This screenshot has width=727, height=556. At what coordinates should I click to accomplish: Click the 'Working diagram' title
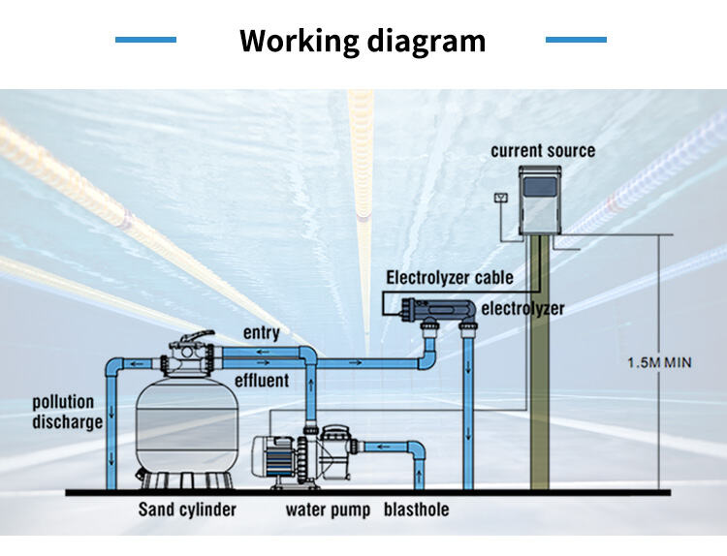tap(362, 41)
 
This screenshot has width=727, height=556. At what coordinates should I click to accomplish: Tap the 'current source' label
tap(543, 151)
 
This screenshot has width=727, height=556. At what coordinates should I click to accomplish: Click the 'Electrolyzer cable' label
tap(450, 278)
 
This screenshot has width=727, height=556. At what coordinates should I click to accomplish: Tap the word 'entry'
tap(262, 333)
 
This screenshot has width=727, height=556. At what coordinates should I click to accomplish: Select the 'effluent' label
tap(262, 380)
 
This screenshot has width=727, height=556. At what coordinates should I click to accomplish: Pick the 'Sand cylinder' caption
tap(186, 510)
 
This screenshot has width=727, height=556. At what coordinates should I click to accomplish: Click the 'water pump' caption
tap(328, 510)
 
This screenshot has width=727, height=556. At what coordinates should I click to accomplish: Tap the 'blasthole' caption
tap(417, 510)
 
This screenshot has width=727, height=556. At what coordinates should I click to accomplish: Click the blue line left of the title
tap(145, 40)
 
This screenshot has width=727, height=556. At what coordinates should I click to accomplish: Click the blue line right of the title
tap(576, 40)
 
